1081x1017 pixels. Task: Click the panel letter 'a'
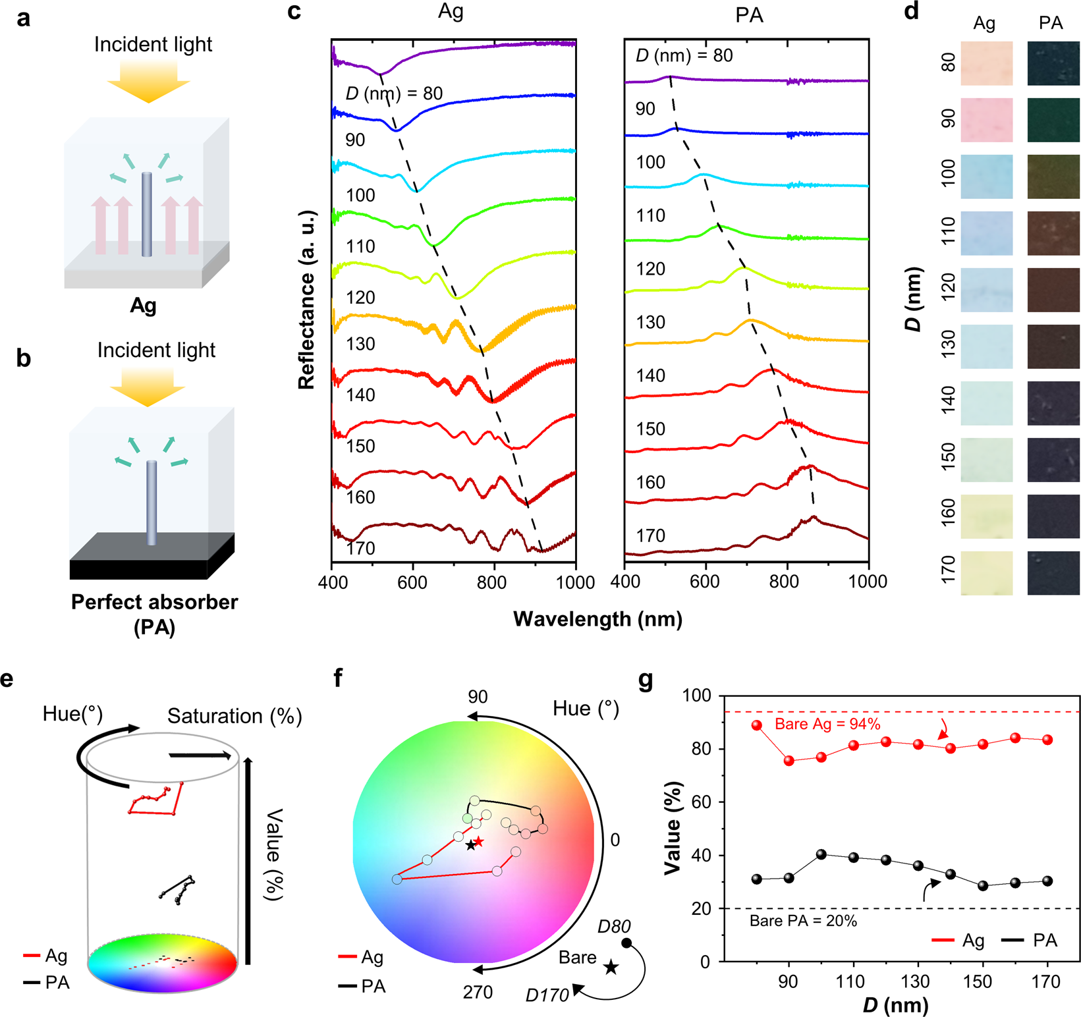[24, 18]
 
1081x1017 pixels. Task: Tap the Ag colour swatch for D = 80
[986, 63]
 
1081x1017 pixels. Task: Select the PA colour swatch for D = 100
[1053, 177]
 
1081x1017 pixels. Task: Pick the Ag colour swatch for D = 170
[986, 573]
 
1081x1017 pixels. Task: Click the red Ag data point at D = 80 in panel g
[756, 725]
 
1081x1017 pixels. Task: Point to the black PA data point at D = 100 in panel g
[821, 854]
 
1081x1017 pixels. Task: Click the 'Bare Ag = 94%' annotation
[827, 724]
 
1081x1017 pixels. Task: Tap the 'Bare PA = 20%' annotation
[803, 921]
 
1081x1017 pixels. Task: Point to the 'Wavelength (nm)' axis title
[597, 619]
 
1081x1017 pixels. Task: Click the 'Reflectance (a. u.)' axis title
[307, 300]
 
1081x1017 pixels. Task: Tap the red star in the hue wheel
[479, 841]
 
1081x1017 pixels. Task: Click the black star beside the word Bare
[611, 967]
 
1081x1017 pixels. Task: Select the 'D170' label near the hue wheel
[547, 995]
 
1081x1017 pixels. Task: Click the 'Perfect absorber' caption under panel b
[154, 602]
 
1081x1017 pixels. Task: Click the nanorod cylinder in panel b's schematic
[152, 503]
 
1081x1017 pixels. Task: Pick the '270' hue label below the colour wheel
[478, 992]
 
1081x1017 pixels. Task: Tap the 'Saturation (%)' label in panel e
[235, 716]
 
